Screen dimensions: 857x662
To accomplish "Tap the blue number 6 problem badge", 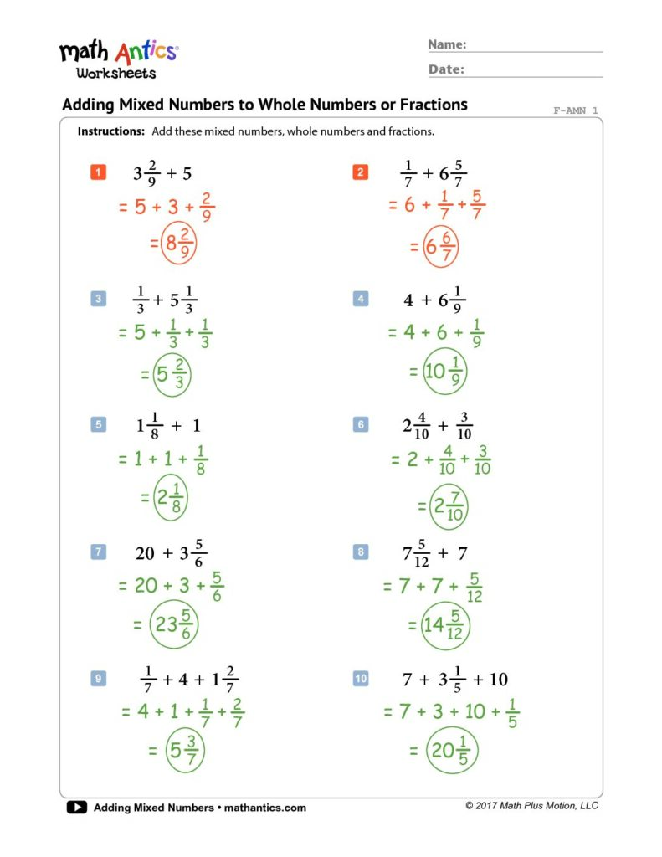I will pos(362,425).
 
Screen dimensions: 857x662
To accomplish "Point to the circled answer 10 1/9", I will pos(444,372).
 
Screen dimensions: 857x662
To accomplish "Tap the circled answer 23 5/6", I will pos(174,624).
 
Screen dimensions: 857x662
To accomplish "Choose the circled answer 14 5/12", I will pos(445,624).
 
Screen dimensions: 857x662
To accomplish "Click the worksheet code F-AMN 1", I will pos(576,110).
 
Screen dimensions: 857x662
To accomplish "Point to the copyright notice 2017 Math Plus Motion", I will pos(531,806).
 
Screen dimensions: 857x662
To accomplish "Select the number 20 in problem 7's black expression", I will pos(146,553).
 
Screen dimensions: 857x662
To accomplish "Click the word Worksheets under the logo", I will pos(115,73).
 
